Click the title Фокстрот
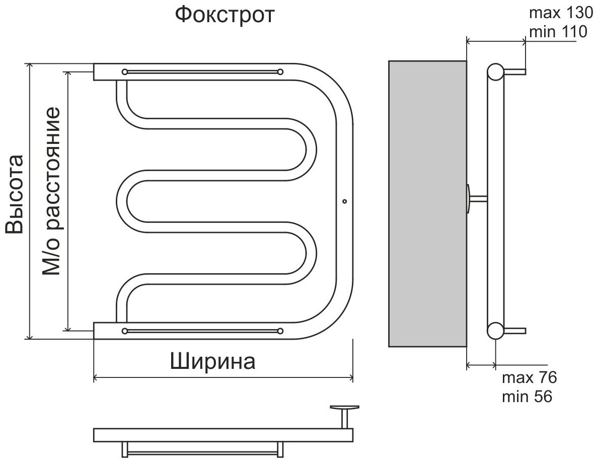(x=225, y=15)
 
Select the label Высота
(x=15, y=194)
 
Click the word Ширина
(x=212, y=361)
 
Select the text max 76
(x=529, y=378)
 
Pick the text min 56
(x=527, y=397)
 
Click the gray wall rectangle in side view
(x=427, y=203)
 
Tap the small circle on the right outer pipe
(x=344, y=201)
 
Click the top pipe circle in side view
(x=495, y=72)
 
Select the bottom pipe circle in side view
(x=495, y=330)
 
